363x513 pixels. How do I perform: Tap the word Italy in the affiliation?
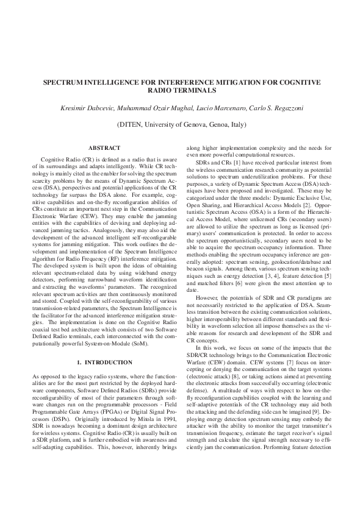pos(237,124)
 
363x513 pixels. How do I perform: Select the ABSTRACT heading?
pos(104,148)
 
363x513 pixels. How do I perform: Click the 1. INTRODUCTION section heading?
pos(104,363)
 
